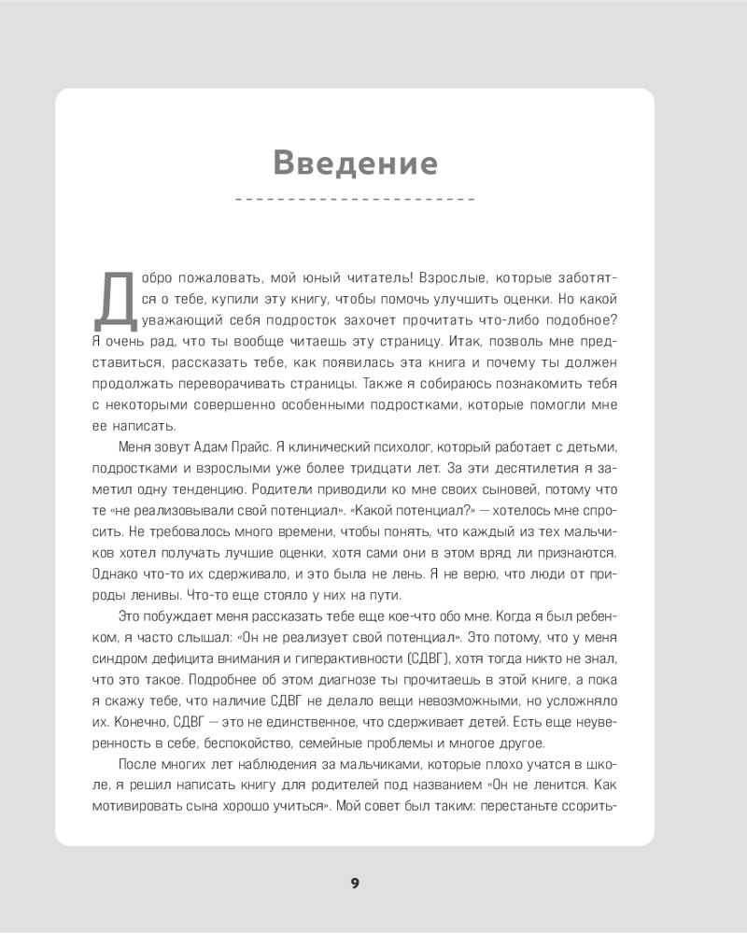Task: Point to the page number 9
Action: (x=355, y=884)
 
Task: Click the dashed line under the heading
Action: (x=356, y=200)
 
